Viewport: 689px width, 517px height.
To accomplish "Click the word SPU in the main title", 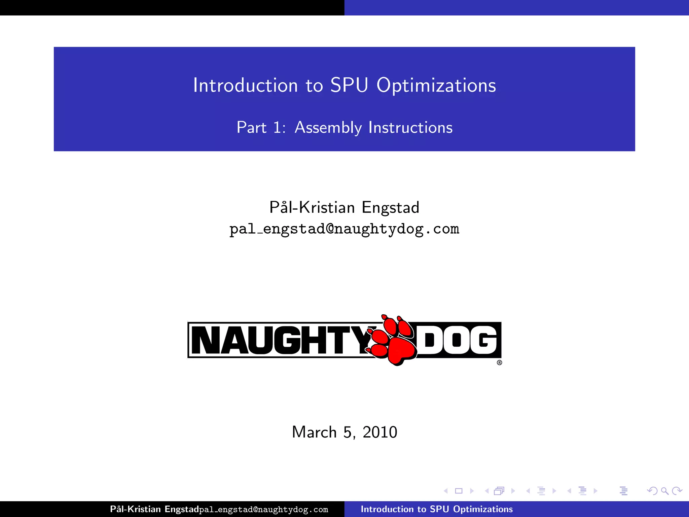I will [x=349, y=85].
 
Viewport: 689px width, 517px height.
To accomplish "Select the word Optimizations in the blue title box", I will [x=436, y=86].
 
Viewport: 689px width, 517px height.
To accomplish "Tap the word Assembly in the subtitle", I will [x=328, y=128].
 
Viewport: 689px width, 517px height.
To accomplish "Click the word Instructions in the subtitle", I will [x=410, y=128].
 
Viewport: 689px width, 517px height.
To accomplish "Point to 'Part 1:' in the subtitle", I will [x=261, y=128].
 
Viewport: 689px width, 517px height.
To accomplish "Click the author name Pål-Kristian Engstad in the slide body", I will [x=344, y=207].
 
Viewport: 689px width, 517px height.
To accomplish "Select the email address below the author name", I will [x=344, y=229].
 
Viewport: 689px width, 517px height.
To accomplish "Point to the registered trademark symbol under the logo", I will [x=499, y=363].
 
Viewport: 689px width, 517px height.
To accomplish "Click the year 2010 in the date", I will [x=380, y=432].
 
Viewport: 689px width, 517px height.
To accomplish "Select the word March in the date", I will [x=314, y=432].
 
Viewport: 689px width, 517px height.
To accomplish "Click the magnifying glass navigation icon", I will [x=664, y=491].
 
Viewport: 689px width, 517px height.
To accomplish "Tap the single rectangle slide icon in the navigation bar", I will [x=459, y=491].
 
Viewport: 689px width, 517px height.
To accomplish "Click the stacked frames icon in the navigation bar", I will [x=499, y=491].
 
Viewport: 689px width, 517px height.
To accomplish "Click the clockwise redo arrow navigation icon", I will [x=677, y=491].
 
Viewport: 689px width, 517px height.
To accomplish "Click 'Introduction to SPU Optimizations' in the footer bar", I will [x=437, y=509].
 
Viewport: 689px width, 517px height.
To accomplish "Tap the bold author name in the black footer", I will [x=154, y=509].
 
